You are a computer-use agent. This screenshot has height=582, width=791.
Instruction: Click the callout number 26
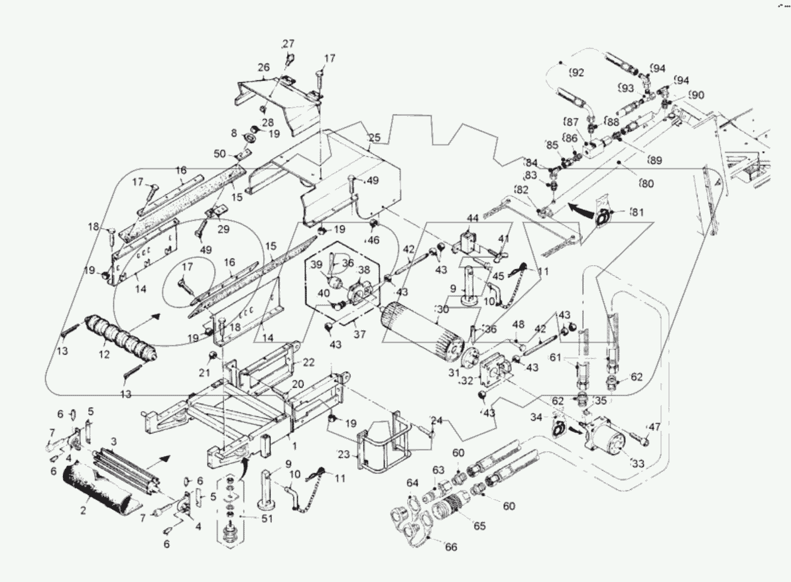click(264, 68)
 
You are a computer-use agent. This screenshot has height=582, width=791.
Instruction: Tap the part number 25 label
click(374, 139)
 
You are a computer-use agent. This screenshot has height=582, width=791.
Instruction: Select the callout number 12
click(105, 356)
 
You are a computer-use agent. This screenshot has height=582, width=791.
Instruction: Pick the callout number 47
click(654, 427)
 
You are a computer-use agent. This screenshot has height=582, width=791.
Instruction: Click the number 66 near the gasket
click(451, 547)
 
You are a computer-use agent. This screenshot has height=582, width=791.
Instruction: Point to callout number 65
click(479, 526)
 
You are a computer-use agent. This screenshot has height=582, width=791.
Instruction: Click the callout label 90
click(696, 95)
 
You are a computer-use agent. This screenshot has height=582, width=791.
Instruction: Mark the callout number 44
click(472, 218)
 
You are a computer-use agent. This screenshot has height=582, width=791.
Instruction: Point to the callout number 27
click(288, 44)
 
